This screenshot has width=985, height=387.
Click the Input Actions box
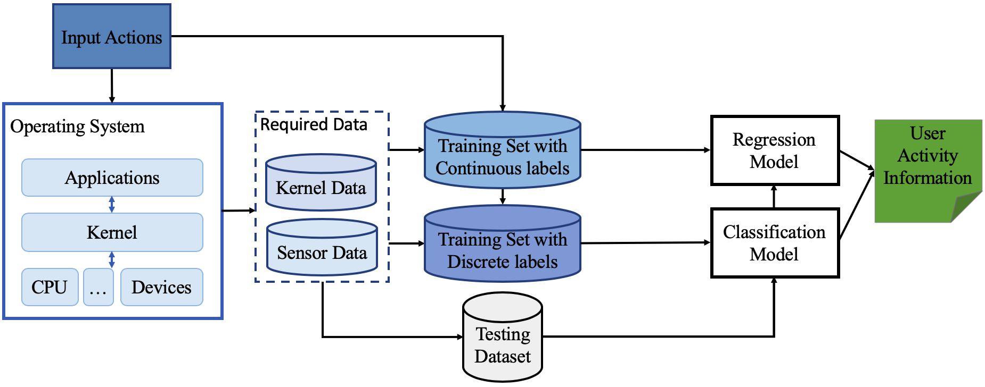[112, 37]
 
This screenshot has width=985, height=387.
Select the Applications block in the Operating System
[112, 178]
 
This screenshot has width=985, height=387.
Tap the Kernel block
[112, 232]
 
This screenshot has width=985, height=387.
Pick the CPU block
[50, 287]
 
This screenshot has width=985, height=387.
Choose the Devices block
[161, 287]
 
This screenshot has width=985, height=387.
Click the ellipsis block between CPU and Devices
[98, 287]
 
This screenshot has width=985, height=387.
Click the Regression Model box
[775, 150]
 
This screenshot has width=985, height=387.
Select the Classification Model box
[775, 243]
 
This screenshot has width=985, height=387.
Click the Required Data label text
[314, 124]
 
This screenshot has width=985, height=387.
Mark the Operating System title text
[78, 127]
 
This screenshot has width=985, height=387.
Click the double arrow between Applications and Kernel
[112, 205]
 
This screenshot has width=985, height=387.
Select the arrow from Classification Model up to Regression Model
[774, 197]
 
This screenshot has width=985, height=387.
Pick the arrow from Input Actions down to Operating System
[112, 86]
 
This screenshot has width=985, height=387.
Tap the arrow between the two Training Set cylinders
[502, 197]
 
